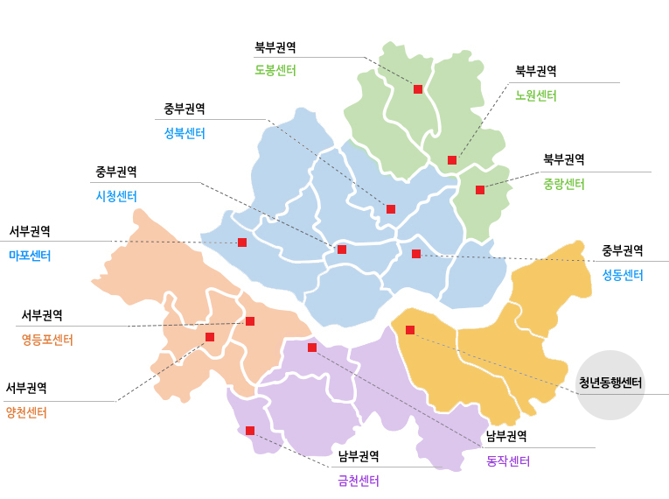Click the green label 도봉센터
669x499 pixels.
275,70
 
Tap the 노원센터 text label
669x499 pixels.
536,95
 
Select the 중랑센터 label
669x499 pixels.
564,184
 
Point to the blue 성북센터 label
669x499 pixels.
185,133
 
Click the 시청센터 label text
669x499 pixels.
116,195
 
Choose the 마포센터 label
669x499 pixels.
30,256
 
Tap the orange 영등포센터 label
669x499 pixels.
47,340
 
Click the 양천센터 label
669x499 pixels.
26,411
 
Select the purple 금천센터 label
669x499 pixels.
359,480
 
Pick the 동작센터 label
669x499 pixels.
508,461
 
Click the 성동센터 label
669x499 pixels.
623,274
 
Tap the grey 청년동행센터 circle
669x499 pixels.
611,383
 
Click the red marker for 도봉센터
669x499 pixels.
418,89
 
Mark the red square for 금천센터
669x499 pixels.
250,431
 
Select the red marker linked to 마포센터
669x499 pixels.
242,242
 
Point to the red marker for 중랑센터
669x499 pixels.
480,190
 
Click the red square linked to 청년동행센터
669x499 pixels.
410,330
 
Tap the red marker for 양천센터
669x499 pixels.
210,337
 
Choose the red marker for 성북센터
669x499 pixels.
391,209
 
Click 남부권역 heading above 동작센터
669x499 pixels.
506,436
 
